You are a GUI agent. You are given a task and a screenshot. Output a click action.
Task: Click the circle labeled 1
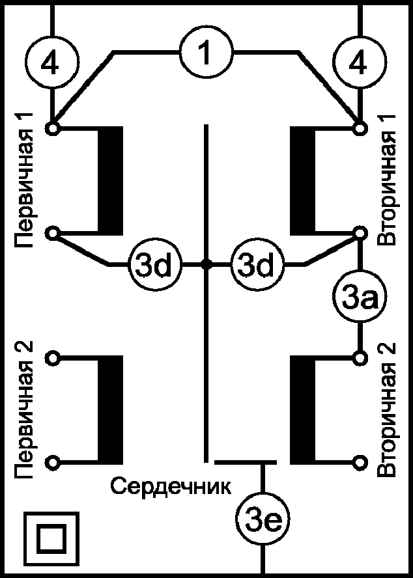pyautogui.click(x=206, y=52)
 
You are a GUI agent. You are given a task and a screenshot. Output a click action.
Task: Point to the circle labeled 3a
pyautogui.click(x=359, y=298)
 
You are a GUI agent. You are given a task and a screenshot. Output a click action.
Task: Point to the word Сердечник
pyautogui.click(x=171, y=486)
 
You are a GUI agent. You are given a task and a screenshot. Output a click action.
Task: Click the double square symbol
pyautogui.click(x=51, y=539)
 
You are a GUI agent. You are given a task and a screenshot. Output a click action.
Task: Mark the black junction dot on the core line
pyautogui.click(x=206, y=264)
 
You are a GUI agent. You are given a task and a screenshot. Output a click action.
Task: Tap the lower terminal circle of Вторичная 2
pyautogui.click(x=359, y=462)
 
